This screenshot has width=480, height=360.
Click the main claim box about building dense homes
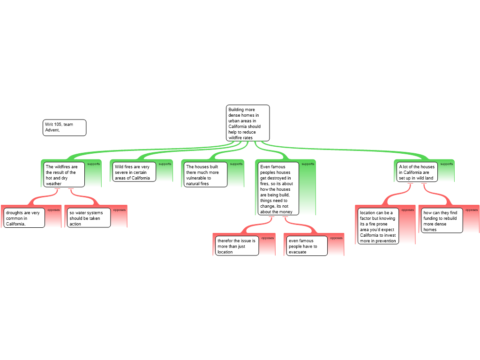(248, 123)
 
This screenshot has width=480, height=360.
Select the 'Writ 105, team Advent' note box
(65, 127)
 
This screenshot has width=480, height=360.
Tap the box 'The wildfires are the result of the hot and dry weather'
(65, 175)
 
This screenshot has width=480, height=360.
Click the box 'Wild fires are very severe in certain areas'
(135, 172)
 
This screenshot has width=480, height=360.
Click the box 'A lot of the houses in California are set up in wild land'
(417, 172)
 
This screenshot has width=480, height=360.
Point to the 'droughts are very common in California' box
(25, 218)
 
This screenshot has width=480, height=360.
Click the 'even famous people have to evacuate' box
(307, 246)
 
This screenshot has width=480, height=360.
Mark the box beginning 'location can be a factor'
(378, 226)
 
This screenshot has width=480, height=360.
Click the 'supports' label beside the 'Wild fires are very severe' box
(165, 164)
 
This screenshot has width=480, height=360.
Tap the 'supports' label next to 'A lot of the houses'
(447, 164)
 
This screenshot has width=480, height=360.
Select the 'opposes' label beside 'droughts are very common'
(54, 210)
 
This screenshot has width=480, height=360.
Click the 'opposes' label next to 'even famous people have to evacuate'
(337, 238)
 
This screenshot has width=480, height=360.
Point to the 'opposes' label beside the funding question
(472, 210)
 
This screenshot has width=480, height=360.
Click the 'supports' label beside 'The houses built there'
(236, 164)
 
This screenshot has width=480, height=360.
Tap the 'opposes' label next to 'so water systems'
(120, 210)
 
